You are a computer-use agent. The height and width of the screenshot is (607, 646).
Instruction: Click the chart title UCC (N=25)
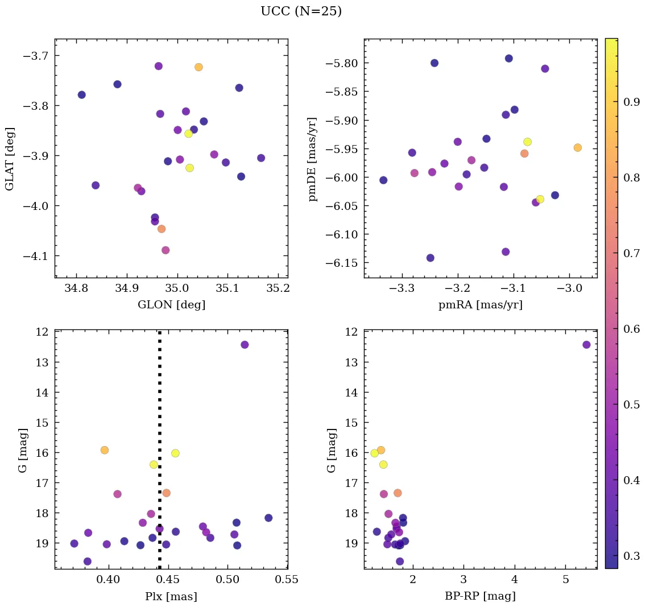point(301,11)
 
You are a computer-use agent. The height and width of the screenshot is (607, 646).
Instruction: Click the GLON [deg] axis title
point(171,305)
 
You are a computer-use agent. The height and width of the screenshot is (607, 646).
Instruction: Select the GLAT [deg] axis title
point(10,159)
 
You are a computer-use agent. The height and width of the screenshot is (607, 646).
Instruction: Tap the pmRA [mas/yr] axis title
point(480,305)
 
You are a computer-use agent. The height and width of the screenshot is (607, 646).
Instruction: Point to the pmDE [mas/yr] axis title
point(312,159)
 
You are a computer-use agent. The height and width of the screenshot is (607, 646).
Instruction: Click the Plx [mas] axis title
point(171,597)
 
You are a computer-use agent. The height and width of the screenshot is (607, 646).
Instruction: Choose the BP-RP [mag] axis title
point(480,597)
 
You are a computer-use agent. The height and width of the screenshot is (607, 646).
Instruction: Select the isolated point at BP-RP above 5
point(586,345)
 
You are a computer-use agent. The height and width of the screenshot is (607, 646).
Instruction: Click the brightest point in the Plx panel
point(245,345)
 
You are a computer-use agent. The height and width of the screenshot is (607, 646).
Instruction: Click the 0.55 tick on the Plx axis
point(287,581)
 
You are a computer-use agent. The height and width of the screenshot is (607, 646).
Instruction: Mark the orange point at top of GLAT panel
point(198,67)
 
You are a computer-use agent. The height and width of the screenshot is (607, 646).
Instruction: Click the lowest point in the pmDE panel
point(430,258)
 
